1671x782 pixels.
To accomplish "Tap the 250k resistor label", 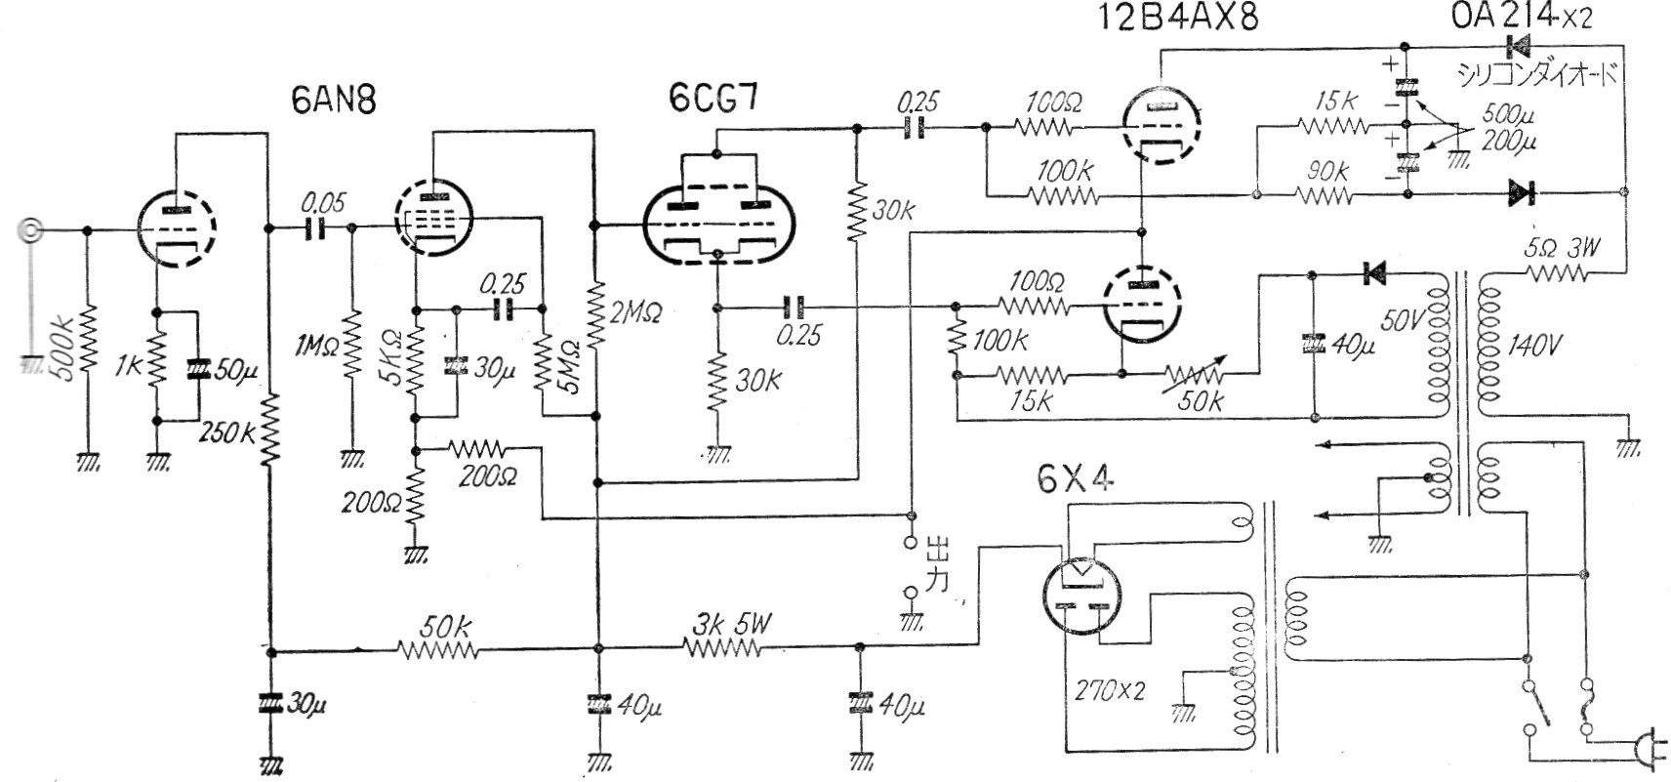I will [x=226, y=432].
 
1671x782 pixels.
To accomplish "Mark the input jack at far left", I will [x=30, y=231].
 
